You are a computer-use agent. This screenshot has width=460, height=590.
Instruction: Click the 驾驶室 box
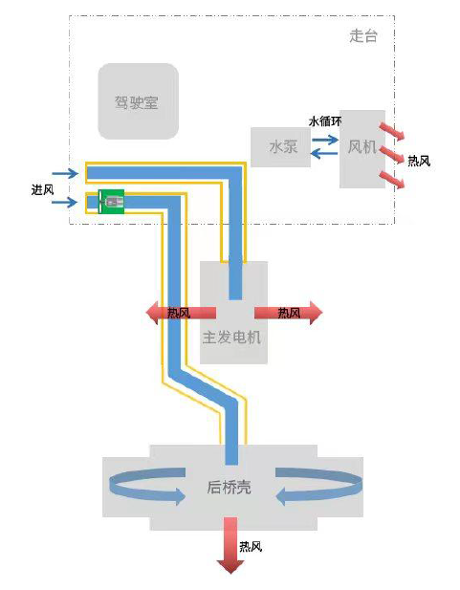coord(138,101)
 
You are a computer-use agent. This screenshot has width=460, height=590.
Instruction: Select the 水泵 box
coord(280,147)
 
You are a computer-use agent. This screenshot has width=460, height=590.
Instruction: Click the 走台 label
coord(363,36)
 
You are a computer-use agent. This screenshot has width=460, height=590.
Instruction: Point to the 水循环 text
coord(325,121)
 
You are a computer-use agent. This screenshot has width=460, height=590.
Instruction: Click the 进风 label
coord(42,189)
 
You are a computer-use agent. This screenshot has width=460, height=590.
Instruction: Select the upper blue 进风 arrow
coord(65,173)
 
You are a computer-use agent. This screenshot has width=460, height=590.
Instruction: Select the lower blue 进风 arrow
coord(65,202)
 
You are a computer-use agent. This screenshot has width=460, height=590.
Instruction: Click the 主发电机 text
coord(232,338)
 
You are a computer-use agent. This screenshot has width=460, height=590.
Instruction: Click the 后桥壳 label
coord(230,487)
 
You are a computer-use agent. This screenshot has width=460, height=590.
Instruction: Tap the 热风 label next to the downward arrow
coord(251,547)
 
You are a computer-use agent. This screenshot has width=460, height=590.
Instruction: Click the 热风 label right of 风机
coord(419,161)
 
